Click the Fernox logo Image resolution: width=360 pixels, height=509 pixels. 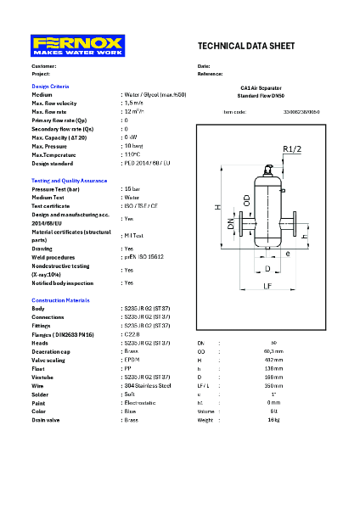coord(78,45)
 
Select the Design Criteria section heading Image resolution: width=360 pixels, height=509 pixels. coord(50,87)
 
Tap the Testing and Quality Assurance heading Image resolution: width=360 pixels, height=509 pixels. coord(70,180)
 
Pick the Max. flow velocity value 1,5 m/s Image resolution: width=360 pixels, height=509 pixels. coord(132,103)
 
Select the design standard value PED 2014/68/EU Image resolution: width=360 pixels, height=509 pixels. coord(147,162)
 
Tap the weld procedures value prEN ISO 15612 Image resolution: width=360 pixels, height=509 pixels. coord(143,256)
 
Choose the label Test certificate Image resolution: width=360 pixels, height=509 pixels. coord(51,205)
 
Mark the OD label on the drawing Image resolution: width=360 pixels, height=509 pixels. coord(246,200)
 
